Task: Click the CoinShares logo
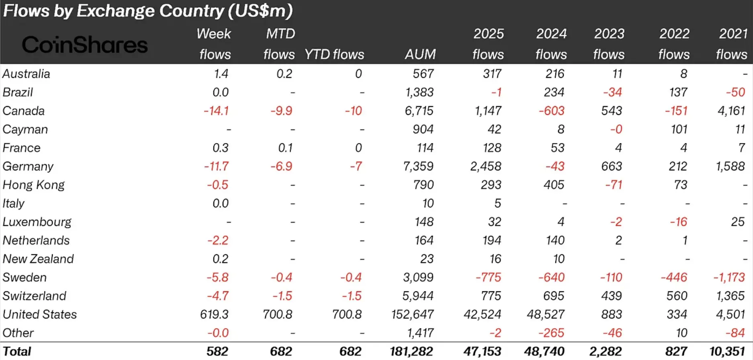pyautogui.click(x=85, y=45)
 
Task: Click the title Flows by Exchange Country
pyautogui.click(x=147, y=11)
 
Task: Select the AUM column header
pyautogui.click(x=420, y=54)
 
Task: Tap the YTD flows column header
pyautogui.click(x=334, y=54)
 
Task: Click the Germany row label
pyautogui.click(x=28, y=166)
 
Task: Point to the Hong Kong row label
pyautogui.click(x=33, y=185)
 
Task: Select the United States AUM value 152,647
pyautogui.click(x=412, y=314)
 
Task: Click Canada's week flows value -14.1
pyautogui.click(x=216, y=111)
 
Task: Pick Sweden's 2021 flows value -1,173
pyautogui.click(x=728, y=277)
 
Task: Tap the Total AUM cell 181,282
pyautogui.click(x=411, y=351)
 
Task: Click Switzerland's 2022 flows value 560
pyautogui.click(x=677, y=296)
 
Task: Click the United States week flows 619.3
pyautogui.click(x=214, y=314)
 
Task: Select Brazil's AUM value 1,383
pyautogui.click(x=419, y=92)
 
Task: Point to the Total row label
pyautogui.click(x=17, y=351)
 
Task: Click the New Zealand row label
pyautogui.click(x=38, y=259)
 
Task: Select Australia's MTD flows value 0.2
pyautogui.click(x=284, y=74)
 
